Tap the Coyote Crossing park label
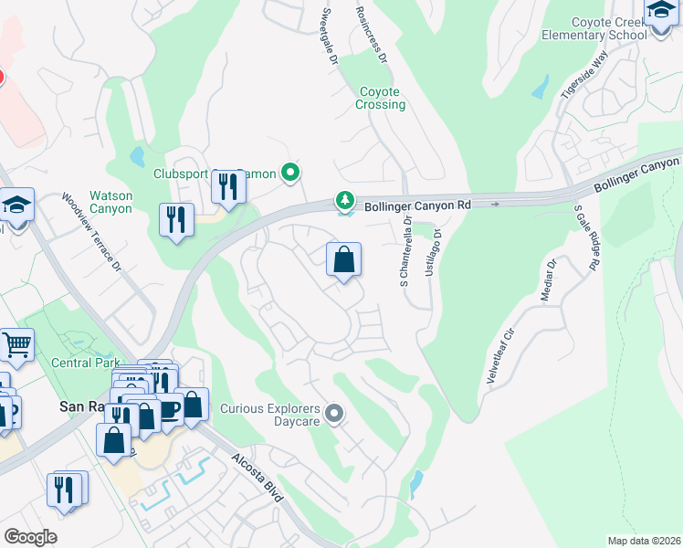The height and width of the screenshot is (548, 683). coord(380,98)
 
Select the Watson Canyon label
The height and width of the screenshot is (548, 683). coord(110,202)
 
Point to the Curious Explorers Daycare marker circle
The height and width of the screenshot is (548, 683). coord(334,415)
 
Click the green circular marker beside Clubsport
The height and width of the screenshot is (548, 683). coord(291,172)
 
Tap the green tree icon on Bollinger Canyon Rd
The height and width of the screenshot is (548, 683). coord(344,199)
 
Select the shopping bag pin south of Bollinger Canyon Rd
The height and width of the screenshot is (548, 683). coord(343,260)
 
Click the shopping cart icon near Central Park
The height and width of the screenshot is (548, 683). coord(16,345)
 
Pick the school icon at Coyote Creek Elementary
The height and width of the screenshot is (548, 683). coord(659,12)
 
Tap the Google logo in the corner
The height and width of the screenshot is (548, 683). coord(30,537)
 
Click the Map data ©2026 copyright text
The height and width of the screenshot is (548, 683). coord(644,541)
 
